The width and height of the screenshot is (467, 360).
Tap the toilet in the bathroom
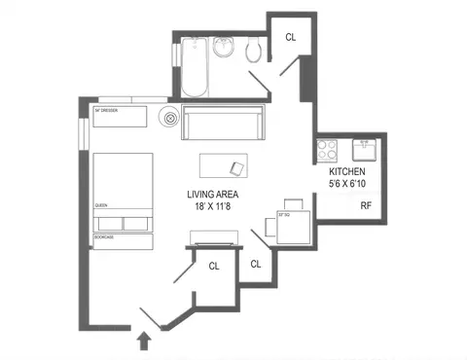pyautogui.click(x=254, y=50)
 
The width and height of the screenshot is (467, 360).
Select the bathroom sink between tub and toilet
pyautogui.click(x=223, y=48)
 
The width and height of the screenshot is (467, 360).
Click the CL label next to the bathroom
pyautogui.click(x=290, y=37)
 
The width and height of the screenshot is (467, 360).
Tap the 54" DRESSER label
pyautogui.click(x=106, y=111)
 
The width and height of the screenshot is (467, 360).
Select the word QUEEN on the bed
pyautogui.click(x=100, y=206)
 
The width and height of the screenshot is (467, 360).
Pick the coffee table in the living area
pyautogui.click(x=224, y=165)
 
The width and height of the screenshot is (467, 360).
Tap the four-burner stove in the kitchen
pyautogui.click(x=325, y=151)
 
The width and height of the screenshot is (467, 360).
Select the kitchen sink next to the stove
pyautogui.click(x=366, y=151)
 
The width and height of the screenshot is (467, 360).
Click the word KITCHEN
pyautogui.click(x=346, y=171)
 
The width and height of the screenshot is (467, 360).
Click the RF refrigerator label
pyautogui.click(x=366, y=206)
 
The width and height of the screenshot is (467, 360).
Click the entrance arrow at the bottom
pyautogui.click(x=145, y=340)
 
